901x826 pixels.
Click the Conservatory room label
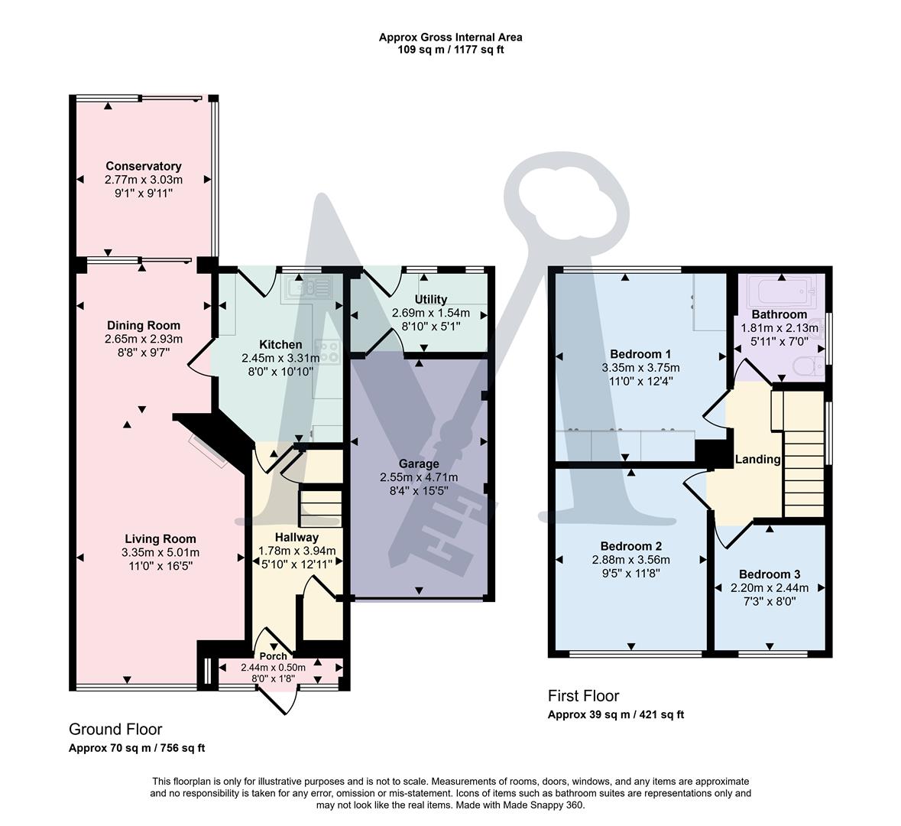(144, 166)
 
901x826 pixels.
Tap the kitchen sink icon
(310, 288)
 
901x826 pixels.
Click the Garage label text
(419, 463)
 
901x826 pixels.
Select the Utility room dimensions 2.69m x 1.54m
(430, 313)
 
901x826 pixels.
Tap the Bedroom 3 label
(769, 574)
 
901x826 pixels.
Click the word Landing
(757, 460)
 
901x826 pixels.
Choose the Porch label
(273, 656)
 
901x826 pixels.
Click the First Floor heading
(583, 696)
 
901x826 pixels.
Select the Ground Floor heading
(115, 730)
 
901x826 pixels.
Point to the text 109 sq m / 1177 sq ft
(450, 50)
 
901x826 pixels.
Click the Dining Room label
(144, 325)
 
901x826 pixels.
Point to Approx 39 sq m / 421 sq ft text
(616, 715)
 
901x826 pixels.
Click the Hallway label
(297, 537)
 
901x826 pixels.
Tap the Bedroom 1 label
(640, 354)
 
